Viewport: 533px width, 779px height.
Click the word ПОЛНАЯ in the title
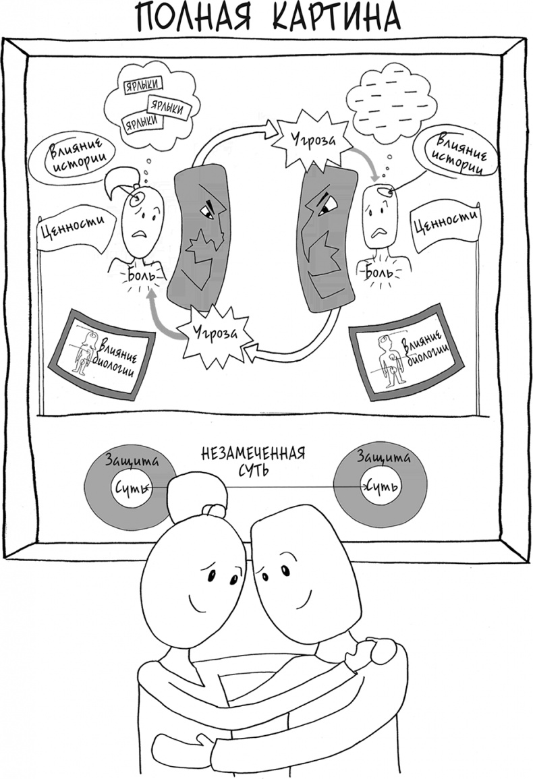pos(195,18)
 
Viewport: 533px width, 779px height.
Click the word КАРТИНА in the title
pos(335,18)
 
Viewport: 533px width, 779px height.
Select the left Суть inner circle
pos(131,486)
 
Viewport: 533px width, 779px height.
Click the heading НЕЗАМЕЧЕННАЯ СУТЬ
pos(254,460)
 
